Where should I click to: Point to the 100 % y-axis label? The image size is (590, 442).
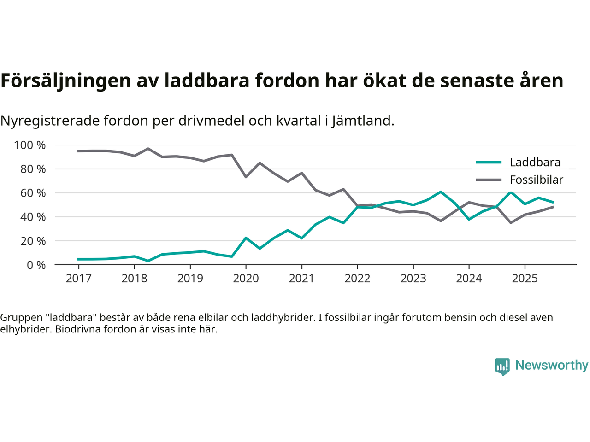(x=30, y=145)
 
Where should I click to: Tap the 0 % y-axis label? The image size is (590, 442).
(x=36, y=265)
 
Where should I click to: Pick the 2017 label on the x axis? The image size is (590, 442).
(x=78, y=278)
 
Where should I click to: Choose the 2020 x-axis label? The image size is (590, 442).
(x=246, y=278)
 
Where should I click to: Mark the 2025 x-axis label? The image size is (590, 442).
(x=525, y=278)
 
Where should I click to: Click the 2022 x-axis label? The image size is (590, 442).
(x=357, y=278)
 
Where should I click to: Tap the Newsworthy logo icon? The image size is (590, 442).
(x=502, y=366)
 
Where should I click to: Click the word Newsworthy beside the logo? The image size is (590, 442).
(x=551, y=365)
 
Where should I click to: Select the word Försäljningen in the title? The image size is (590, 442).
(x=65, y=81)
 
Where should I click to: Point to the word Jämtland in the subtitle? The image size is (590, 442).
(x=362, y=121)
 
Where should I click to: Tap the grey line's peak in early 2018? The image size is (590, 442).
(x=148, y=149)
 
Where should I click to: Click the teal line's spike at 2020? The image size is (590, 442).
(x=246, y=238)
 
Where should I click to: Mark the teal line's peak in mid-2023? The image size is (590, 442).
(x=441, y=192)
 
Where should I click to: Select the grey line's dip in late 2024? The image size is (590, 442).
(x=511, y=222)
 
